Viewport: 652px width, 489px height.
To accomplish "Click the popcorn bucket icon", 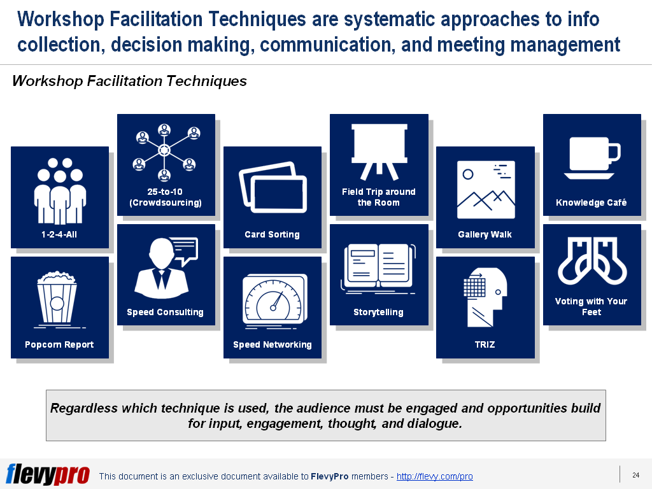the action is click(x=57, y=299).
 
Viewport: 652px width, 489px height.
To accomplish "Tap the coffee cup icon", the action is click(x=592, y=158).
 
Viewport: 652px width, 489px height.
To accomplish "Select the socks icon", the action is click(x=592, y=260).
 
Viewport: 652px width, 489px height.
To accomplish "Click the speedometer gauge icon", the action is click(x=274, y=301).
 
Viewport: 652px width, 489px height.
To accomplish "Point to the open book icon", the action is click(x=378, y=268).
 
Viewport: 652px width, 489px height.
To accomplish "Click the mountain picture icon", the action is click(x=486, y=190).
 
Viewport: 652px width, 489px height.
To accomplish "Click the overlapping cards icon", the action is click(x=273, y=187).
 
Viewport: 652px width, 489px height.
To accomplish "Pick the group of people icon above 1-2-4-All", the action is click(x=60, y=190).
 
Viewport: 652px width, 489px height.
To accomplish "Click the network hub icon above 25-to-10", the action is click(x=164, y=150).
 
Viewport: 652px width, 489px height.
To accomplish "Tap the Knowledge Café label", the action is click(x=592, y=202).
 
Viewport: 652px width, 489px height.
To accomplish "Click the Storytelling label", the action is click(x=378, y=312).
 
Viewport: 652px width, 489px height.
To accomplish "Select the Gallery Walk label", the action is click(x=485, y=234).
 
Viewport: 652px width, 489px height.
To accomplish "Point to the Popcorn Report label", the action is click(x=59, y=344).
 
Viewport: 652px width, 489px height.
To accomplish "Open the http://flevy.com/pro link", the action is click(x=434, y=476).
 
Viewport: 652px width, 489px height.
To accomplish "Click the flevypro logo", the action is click(x=48, y=474).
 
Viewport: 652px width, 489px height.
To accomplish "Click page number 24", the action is click(x=636, y=475).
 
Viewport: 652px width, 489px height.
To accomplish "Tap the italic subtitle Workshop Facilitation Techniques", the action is click(x=129, y=81).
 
